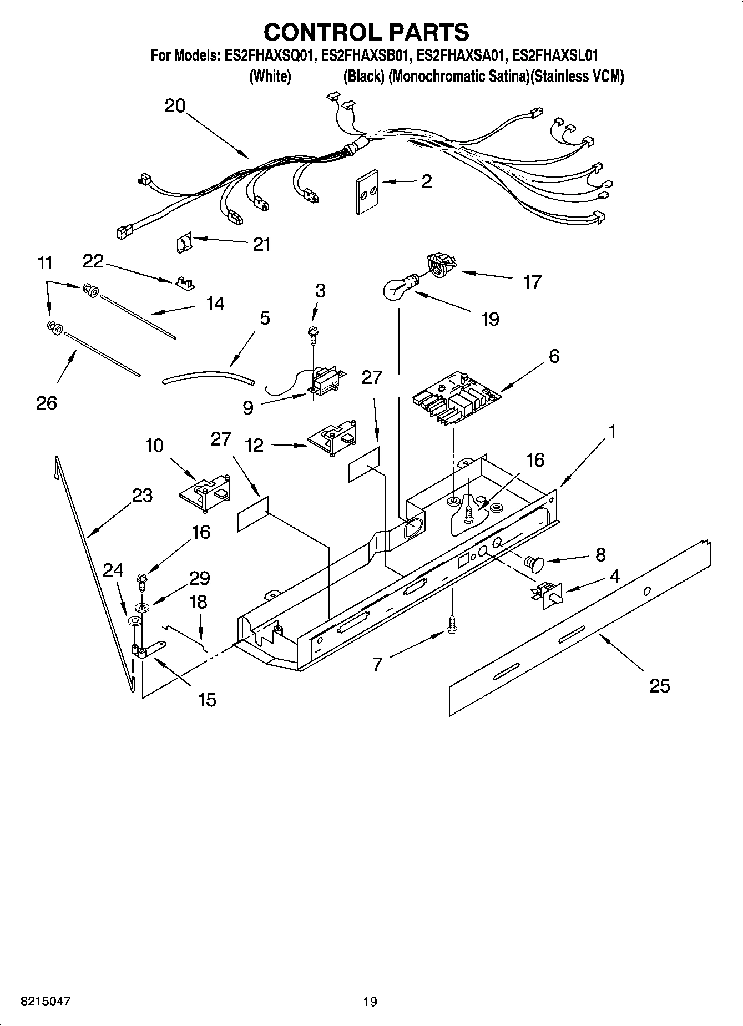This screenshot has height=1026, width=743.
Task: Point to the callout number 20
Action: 175,105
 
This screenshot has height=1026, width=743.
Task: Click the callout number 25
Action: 660,686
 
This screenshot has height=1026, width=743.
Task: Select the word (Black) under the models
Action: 363,77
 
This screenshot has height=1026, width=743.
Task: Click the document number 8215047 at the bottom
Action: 46,1002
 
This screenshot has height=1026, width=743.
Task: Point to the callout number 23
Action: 142,495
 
